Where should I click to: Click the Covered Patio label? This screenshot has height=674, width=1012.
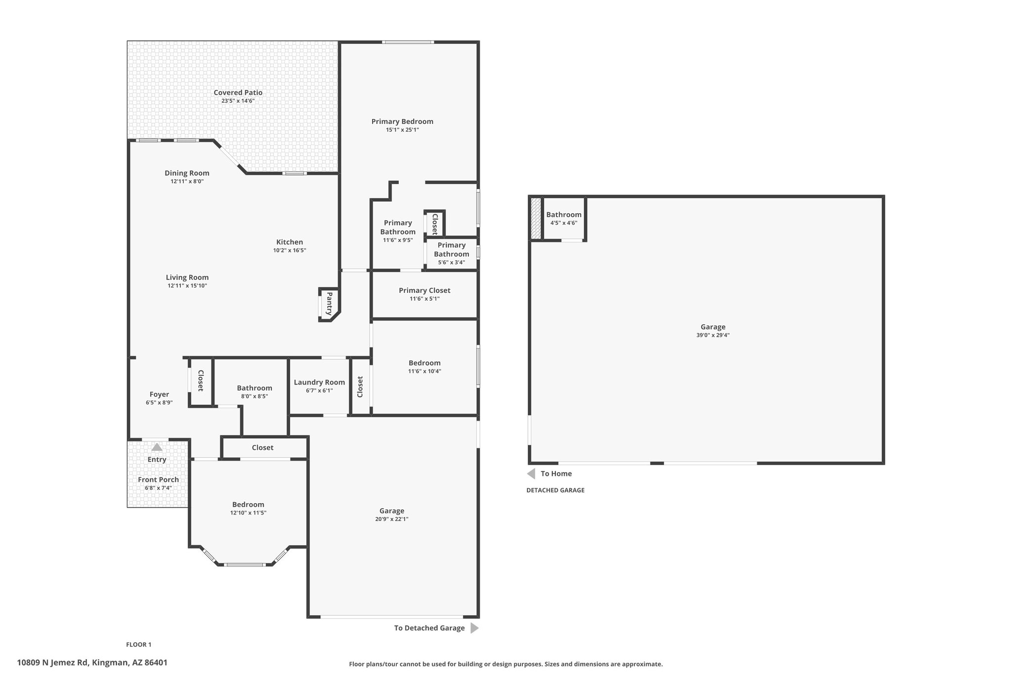coord(238,92)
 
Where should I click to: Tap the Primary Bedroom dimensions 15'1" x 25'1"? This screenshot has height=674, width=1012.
coord(402,130)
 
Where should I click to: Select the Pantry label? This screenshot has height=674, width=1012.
coord(329,304)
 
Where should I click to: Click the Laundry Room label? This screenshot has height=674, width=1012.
coord(319,382)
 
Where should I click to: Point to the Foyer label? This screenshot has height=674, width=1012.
coord(159,395)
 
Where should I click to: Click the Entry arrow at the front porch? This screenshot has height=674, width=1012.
coord(157,447)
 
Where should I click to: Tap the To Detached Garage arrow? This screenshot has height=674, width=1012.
coord(474,628)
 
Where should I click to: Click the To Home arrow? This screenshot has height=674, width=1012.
coord(531,474)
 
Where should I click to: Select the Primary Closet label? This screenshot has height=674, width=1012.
coord(424,290)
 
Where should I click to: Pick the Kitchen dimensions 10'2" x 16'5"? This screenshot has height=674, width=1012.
coord(290,250)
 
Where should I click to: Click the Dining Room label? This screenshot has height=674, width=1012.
coord(187,173)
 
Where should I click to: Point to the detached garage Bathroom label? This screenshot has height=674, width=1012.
coord(564,215)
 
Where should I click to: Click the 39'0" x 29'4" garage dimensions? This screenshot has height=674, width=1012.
coord(713,335)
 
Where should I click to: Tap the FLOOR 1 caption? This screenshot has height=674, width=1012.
coord(138,644)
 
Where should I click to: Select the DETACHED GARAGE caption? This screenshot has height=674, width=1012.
coord(555,490)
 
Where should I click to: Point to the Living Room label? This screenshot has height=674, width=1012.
coord(187,278)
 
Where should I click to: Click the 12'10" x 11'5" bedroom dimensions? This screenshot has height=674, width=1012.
coord(248,513)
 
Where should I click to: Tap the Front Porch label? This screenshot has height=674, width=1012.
coord(158,479)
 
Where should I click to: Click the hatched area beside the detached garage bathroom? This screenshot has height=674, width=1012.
coord(536,218)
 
